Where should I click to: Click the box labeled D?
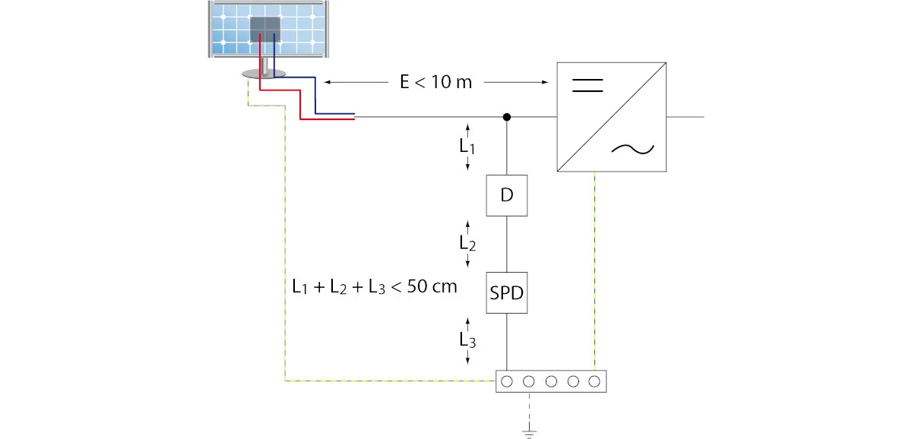[506, 195]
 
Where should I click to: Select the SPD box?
[506, 292]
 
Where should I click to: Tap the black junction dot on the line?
[506, 117]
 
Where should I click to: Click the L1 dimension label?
[467, 147]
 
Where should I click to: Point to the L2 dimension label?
[467, 243]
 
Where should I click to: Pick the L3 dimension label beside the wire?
[467, 340]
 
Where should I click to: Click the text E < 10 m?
[436, 82]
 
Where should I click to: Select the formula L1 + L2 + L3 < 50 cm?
[375, 287]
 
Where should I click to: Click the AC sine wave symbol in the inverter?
[632, 150]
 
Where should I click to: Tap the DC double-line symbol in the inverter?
[587, 85]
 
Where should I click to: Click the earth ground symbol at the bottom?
[529, 434]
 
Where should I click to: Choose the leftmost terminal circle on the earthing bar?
[507, 381]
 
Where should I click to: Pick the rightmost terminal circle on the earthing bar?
[594, 381]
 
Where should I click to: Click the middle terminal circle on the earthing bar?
[551, 381]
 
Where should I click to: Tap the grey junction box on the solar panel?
[265, 30]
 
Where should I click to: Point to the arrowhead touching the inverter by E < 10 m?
[545, 82]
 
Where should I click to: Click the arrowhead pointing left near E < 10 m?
[327, 82]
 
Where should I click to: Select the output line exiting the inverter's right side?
[686, 117]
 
